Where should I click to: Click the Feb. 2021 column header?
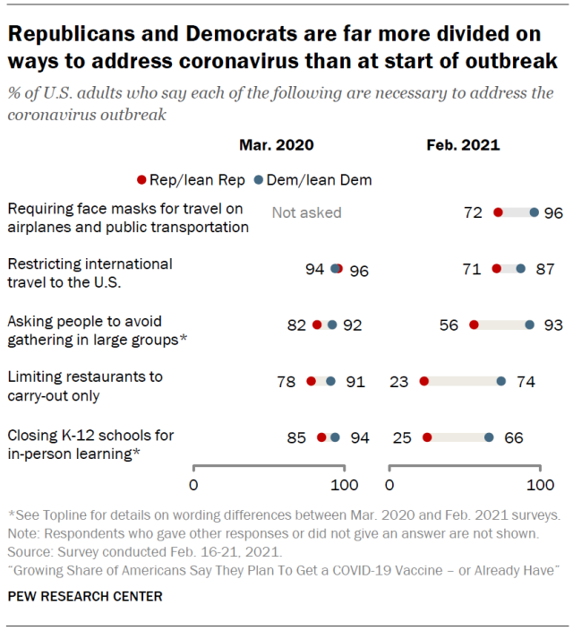point(463,144)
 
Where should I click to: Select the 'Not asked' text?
point(306,212)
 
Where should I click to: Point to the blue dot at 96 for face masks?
point(535,212)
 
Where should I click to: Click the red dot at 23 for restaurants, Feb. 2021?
point(424,381)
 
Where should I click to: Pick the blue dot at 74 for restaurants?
point(500,381)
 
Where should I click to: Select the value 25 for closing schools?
point(403,438)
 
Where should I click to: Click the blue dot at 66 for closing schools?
point(489,438)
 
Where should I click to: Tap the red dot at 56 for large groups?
point(474,324)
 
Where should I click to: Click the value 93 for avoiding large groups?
point(552,324)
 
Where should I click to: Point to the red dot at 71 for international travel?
point(497,268)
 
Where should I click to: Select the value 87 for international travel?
point(543,268)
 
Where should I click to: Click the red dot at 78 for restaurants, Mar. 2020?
point(311,381)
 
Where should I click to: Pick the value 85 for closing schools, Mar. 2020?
point(296,438)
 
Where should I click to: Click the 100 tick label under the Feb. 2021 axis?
point(539,485)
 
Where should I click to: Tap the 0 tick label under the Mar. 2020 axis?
point(193,485)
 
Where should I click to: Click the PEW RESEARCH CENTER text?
point(85,595)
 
